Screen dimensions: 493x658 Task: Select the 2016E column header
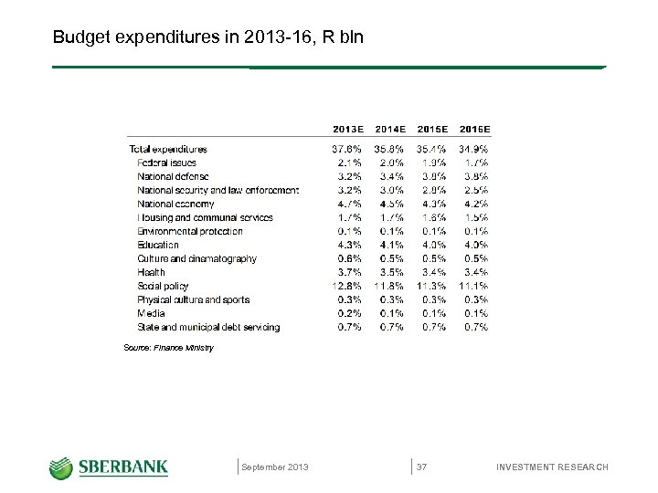click(473, 130)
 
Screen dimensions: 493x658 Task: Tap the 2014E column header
click(390, 130)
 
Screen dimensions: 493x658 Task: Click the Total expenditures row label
click(168, 149)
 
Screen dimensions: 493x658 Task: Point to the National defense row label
click(173, 176)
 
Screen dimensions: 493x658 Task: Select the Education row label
click(158, 245)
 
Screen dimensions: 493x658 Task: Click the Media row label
click(151, 313)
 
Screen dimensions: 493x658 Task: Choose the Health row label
click(151, 272)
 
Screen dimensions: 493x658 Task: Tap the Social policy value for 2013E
click(346, 286)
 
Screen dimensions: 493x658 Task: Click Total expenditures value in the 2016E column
click(473, 149)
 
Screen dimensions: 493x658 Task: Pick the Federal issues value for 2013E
click(348, 163)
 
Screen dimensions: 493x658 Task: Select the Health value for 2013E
click(348, 272)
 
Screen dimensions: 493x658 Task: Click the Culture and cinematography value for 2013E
click(348, 258)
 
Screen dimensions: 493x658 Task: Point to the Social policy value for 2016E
click(473, 286)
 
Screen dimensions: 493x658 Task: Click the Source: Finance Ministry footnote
click(168, 348)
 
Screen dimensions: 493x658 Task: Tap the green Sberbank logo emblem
click(61, 467)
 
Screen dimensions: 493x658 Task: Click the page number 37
click(422, 467)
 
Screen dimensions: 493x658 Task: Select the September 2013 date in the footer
click(275, 467)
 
